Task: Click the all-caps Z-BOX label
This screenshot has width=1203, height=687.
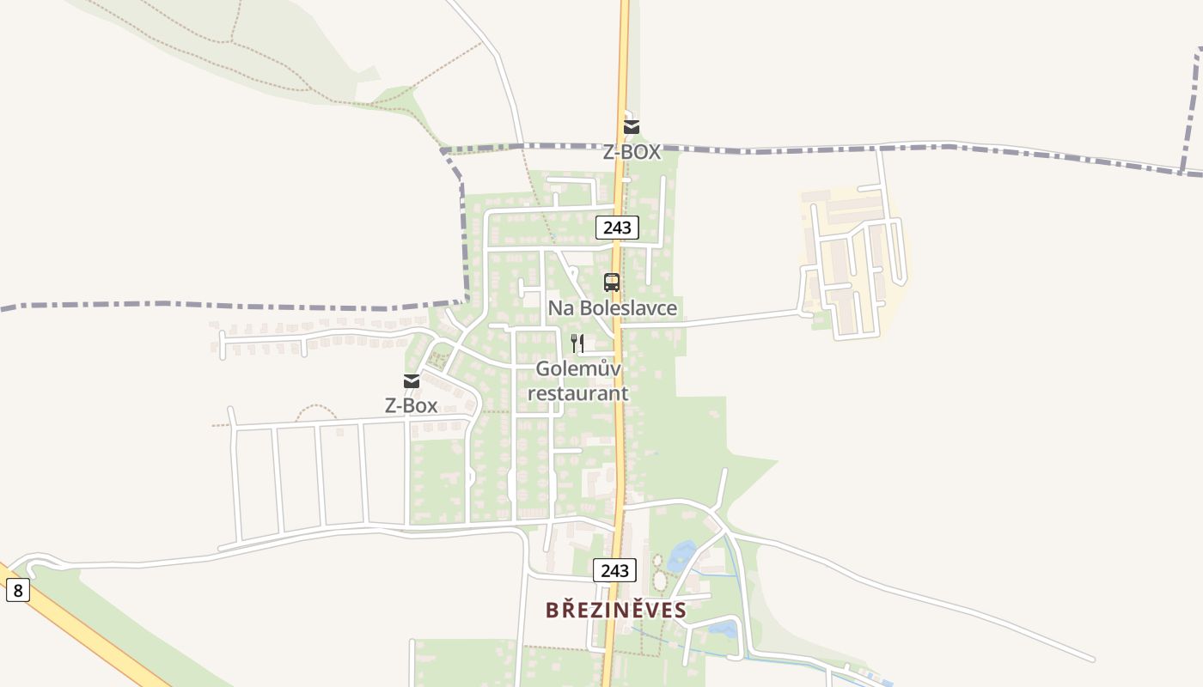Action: point(632,152)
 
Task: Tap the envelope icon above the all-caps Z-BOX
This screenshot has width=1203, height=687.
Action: point(632,128)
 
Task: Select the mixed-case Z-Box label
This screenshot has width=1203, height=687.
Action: point(411,405)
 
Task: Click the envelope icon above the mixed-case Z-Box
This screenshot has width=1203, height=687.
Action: point(412,381)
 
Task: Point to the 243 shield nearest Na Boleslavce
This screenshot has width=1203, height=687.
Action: point(617,228)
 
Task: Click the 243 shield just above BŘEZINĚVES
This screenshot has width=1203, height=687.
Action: point(614,570)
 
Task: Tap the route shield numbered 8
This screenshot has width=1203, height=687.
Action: point(17,590)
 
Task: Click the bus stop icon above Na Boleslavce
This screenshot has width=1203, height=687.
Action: point(611,282)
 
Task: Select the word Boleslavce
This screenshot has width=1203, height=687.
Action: point(627,307)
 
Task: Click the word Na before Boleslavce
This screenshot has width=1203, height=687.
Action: point(560,307)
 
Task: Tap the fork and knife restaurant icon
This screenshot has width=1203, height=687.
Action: point(577,343)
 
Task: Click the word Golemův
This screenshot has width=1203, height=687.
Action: point(578,368)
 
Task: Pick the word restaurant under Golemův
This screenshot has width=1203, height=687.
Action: point(577,393)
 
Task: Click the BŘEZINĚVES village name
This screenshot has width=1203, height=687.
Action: point(616,610)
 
